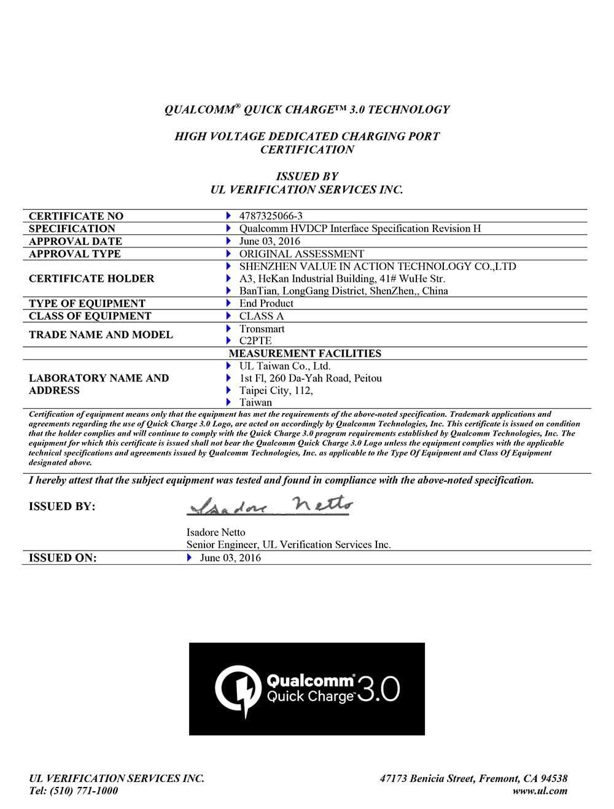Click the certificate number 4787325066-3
[x=271, y=216]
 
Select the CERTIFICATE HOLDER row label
[x=91, y=279]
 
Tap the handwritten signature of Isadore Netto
[x=270, y=505]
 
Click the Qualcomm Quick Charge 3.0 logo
[x=307, y=689]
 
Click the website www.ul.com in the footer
[x=540, y=791]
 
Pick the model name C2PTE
[x=255, y=341]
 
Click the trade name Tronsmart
[x=262, y=329]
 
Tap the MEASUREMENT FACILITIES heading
[x=305, y=354]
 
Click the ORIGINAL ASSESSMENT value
[x=301, y=254]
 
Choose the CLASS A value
[x=262, y=316]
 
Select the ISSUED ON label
[x=63, y=558]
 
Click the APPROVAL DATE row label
[x=76, y=241]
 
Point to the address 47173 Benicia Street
[x=427, y=778]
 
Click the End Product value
[x=266, y=303]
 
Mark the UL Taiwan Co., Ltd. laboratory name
[x=285, y=366]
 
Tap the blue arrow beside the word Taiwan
[x=228, y=403]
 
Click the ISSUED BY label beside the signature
[x=62, y=506]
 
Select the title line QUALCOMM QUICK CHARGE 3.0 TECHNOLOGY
[x=307, y=110]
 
